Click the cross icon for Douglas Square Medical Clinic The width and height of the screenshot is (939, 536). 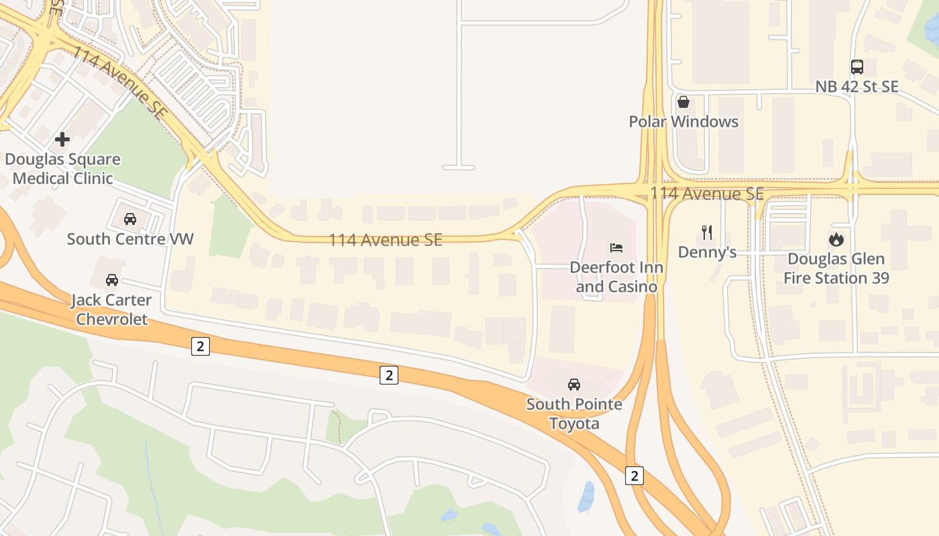point(62,139)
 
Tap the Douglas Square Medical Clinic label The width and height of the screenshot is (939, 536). point(62,169)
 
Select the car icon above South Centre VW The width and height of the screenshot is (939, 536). point(130,218)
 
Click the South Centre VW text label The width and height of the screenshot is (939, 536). point(130,239)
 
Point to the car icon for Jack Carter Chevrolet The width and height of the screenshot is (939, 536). point(111,279)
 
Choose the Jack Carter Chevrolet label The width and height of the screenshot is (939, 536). point(111,310)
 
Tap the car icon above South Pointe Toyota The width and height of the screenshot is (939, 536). point(574,385)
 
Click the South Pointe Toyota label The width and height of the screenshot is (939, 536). point(574,414)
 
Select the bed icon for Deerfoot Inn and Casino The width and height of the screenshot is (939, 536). point(616,248)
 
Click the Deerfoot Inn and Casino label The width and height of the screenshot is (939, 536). point(616,277)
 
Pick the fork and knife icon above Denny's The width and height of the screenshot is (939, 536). point(706,232)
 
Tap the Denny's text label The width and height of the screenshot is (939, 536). point(707,253)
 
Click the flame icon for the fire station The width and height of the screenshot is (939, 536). point(836,239)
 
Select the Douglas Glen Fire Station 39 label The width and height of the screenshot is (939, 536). point(836,269)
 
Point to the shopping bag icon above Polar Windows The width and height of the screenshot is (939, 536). point(683,102)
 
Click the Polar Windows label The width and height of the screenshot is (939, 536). point(683,122)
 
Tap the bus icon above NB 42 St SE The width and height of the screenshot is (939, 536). point(857,67)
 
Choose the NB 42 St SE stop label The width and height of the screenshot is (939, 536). point(857,87)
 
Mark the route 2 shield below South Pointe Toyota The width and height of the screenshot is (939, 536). point(634,476)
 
